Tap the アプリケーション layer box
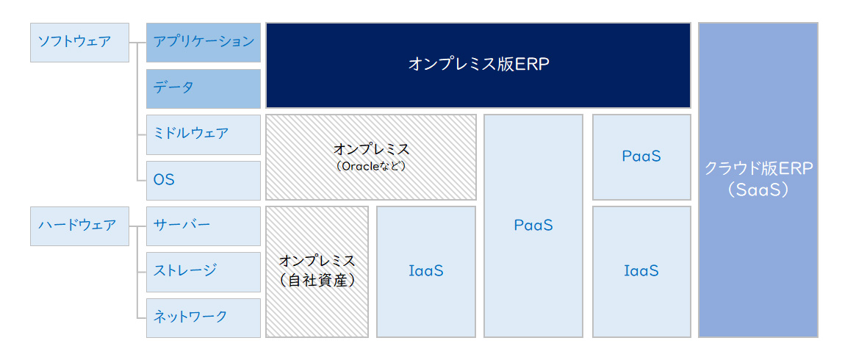coord(204,42)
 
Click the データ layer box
coord(204,88)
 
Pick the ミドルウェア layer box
coord(204,134)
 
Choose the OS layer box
coord(204,180)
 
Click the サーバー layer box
coord(204,226)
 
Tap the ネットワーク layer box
coord(204,317)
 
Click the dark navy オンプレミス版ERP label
coord(478,65)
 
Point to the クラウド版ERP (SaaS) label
coord(758,179)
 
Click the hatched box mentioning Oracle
coord(371,156)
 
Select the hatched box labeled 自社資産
coord(317,271)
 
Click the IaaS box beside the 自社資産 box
coord(426,271)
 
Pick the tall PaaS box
coord(533,226)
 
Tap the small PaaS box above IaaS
coord(641,156)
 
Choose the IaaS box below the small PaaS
coord(641,271)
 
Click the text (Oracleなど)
coord(371,166)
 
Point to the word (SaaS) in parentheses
coord(758,190)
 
